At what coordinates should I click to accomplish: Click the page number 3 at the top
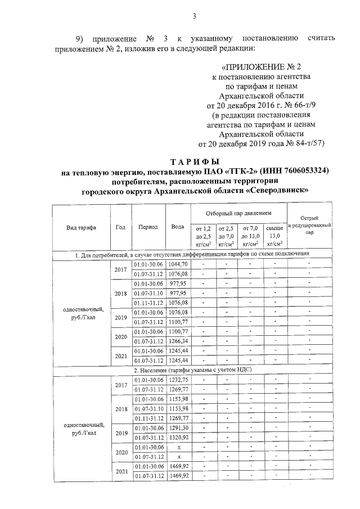[194, 16]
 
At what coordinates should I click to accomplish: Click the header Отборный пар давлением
[238, 214]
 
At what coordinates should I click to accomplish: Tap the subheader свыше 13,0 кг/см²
[276, 236]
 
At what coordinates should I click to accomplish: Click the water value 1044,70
[178, 264]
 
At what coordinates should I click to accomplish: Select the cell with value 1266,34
[178, 341]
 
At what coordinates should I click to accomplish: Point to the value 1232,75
[178, 380]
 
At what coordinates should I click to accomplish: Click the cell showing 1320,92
[178, 437]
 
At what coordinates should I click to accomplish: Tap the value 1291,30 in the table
[178, 427]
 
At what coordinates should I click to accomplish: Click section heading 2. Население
[193, 370]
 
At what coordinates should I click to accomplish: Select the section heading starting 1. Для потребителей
[193, 254]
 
